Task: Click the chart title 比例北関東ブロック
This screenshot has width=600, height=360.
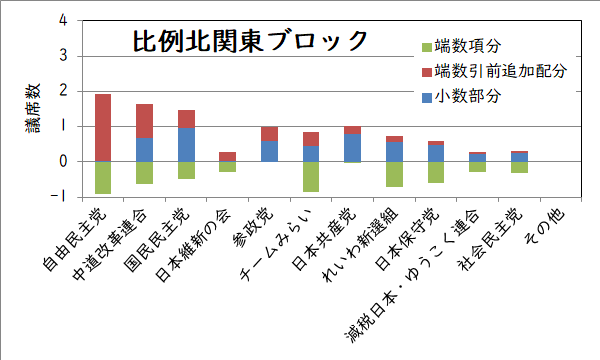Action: coord(250,42)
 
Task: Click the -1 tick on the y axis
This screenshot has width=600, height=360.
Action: coord(62,197)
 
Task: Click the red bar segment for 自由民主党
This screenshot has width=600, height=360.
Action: coord(102,127)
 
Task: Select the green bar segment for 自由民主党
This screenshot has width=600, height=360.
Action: coord(102,177)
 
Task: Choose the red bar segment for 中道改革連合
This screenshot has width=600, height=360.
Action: coord(144,120)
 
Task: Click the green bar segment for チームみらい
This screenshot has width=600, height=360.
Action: coord(311,176)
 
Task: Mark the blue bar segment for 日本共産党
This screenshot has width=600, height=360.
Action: coord(352,147)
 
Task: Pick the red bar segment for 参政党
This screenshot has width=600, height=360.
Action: coord(269,134)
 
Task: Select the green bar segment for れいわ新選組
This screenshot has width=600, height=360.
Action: coord(394,174)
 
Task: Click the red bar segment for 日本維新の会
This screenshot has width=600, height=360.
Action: coord(227,156)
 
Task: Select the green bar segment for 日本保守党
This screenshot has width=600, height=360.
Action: coord(435,172)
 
